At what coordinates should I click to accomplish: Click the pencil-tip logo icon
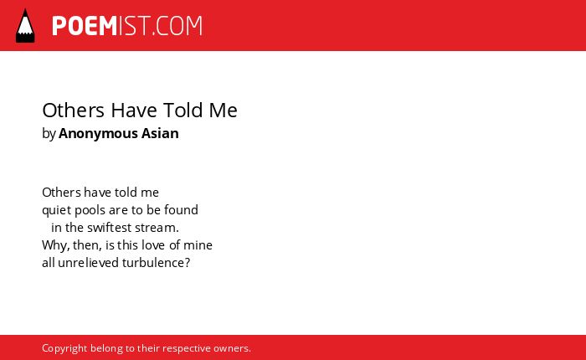click(25, 26)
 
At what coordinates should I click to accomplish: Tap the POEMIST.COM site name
click(127, 26)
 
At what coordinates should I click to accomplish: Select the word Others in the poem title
click(74, 111)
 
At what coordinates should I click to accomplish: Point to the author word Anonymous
click(98, 133)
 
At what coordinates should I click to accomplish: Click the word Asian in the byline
click(160, 133)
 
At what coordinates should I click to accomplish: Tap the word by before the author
click(49, 134)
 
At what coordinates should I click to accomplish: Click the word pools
click(90, 210)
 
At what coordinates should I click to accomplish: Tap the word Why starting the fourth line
click(50, 245)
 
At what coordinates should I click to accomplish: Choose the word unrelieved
click(88, 263)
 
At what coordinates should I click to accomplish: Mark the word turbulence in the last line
click(153, 263)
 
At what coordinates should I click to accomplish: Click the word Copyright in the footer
click(64, 349)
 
